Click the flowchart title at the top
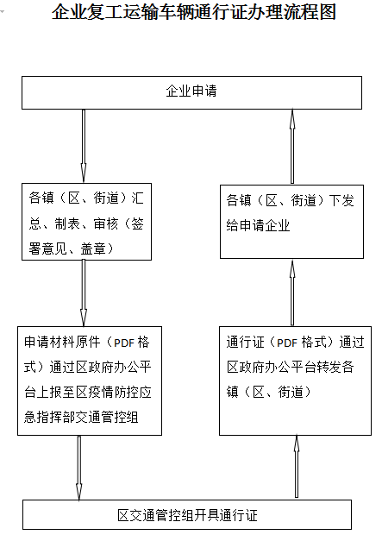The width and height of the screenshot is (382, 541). point(194,12)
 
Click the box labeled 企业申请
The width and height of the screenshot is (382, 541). point(191,93)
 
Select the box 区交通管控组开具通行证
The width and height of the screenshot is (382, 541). point(187,514)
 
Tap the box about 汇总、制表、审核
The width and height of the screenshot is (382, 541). point(86,222)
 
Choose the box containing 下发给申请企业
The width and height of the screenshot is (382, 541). point(291,222)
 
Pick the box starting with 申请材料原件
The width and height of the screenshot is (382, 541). point(90,381)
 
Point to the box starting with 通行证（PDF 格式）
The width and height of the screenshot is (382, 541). point(295,381)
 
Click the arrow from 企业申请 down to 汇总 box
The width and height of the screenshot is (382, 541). point(84,146)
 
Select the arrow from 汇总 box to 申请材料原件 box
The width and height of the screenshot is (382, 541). point(84,293)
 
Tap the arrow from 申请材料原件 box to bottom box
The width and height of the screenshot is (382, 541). point(79,468)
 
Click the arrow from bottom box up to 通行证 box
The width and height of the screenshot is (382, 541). point(296,467)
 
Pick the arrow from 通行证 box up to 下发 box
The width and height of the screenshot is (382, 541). point(292,293)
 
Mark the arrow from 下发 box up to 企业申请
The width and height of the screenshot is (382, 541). point(292,147)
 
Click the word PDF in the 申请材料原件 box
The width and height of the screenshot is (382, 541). point(124,343)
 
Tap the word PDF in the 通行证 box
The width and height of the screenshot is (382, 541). point(287,343)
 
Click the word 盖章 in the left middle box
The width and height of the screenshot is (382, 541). point(93,248)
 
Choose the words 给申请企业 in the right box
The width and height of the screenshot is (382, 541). point(258,225)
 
